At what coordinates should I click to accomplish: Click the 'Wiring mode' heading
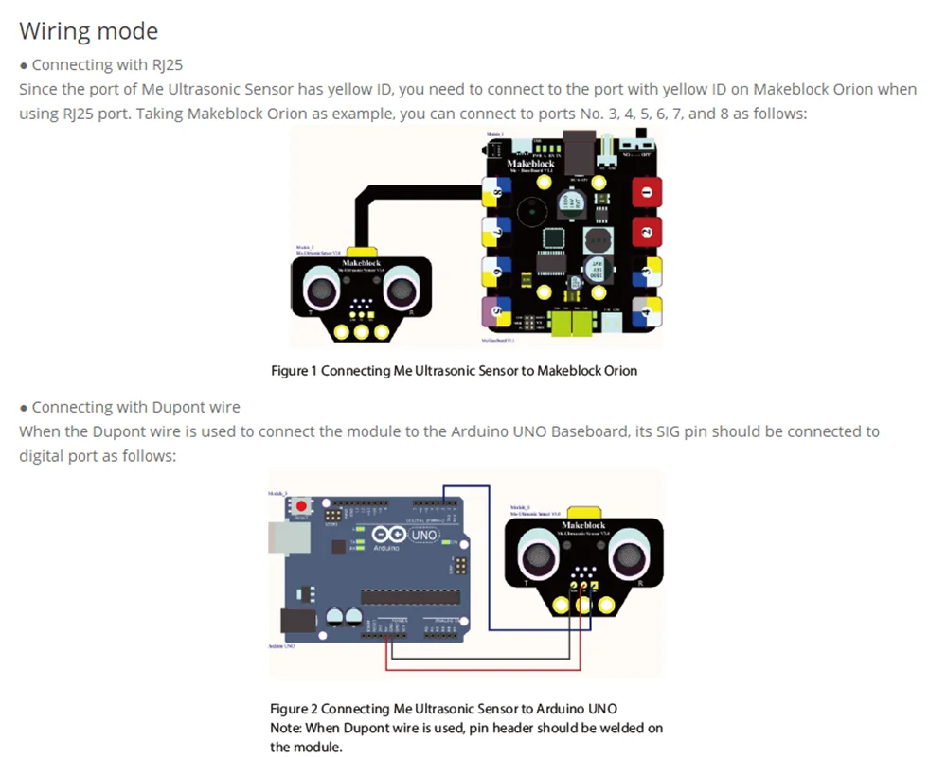click(89, 31)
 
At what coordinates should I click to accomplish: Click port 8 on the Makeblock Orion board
click(495, 194)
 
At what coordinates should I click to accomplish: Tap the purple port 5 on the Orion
click(495, 310)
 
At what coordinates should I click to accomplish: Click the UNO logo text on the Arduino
click(423, 536)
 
